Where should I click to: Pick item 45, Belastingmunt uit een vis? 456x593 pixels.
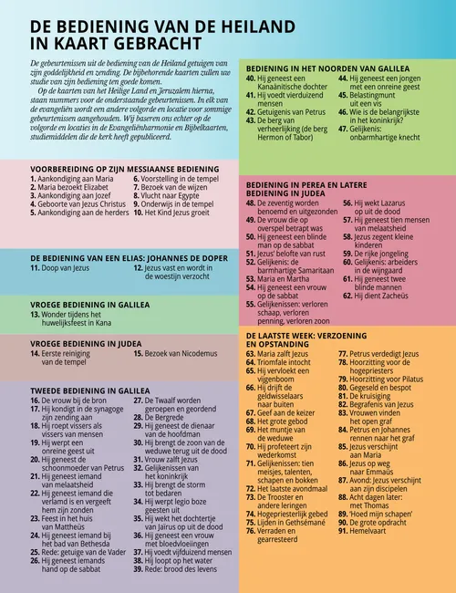click(376, 100)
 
